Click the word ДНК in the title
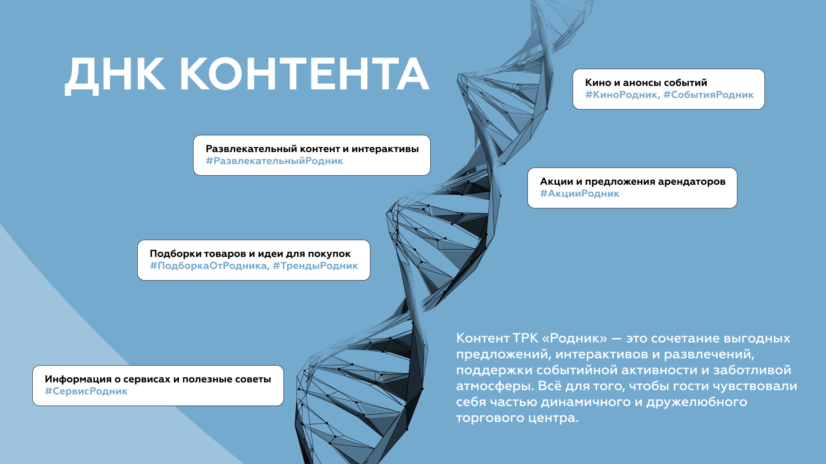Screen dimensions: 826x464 (x=115, y=75)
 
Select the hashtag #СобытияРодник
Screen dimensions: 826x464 (x=709, y=95)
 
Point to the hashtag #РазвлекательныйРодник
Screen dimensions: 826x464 (x=274, y=161)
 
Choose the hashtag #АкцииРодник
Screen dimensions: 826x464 (x=579, y=194)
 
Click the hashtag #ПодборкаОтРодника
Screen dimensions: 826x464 (x=210, y=266)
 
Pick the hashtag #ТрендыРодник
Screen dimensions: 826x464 (x=315, y=266)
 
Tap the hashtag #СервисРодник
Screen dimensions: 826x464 (x=86, y=391)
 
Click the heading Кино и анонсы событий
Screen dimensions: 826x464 (x=646, y=82)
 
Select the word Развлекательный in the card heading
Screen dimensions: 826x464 (x=251, y=149)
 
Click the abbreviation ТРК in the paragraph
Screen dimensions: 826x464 (x=525, y=338)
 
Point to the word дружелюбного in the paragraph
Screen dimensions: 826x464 (x=697, y=402)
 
